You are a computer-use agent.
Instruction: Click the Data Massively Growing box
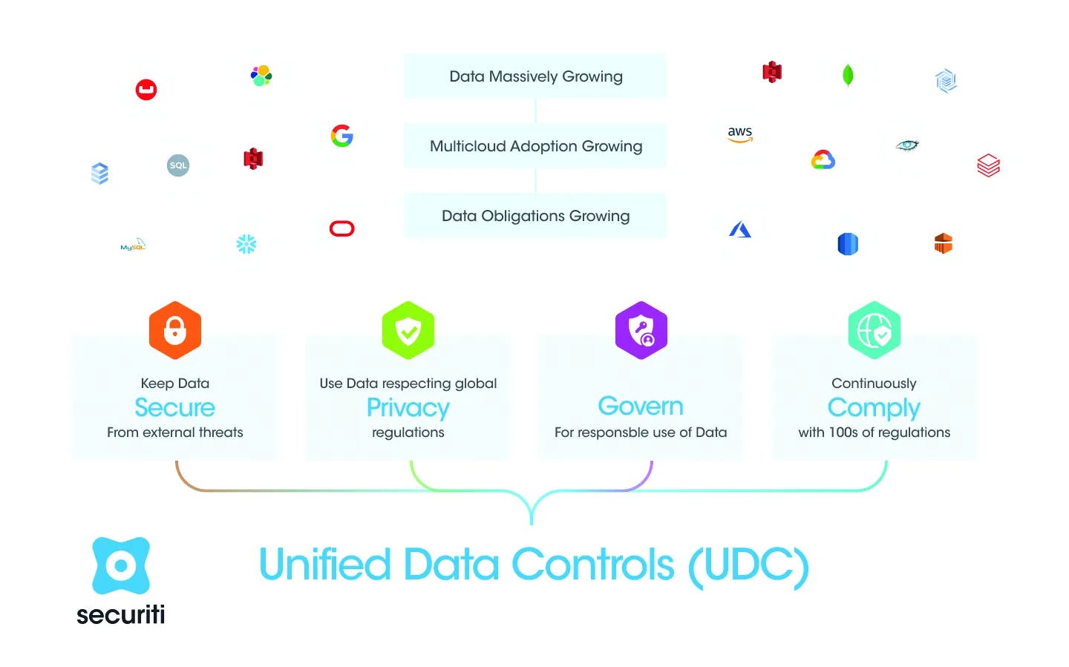[534, 76]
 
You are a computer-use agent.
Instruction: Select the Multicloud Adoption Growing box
[534, 146]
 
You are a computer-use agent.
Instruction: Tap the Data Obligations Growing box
[534, 216]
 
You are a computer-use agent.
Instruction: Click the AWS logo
[739, 134]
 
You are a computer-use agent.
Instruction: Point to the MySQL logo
[133, 245]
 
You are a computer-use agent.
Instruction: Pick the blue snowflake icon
[246, 244]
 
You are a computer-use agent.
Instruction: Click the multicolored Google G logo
[342, 136]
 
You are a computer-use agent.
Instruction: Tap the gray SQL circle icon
[178, 165]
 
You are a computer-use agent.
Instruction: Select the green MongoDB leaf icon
[848, 76]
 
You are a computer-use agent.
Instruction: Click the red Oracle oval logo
[341, 229]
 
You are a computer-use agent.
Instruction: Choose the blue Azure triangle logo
[739, 229]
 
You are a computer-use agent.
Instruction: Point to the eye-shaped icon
[907, 145]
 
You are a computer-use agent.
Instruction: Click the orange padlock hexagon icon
[175, 330]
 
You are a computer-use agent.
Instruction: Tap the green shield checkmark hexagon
[408, 330]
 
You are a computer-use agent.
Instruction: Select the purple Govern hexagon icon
[641, 330]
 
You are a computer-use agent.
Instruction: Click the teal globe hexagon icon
[875, 330]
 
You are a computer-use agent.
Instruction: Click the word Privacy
[408, 408]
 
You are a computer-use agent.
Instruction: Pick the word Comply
[874, 408]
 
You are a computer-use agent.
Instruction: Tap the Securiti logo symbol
[121, 566]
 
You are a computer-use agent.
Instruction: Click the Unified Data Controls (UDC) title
[534, 566]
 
